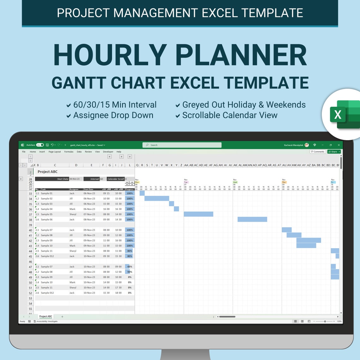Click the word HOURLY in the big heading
pyautogui.click(x=110, y=55)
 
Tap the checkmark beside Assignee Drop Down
pyautogui.click(x=69, y=116)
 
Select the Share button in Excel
pyautogui.click(x=334, y=152)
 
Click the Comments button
pyautogui.click(x=318, y=152)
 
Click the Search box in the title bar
pyautogui.click(x=182, y=145)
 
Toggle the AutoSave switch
pyautogui.click(x=40, y=145)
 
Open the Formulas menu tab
pyautogui.click(x=69, y=152)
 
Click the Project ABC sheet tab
pyautogui.click(x=45, y=316)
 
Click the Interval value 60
pyautogui.click(x=102, y=179)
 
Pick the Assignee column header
pyautogui.click(x=74, y=189)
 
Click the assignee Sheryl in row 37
pyautogui.click(x=73, y=214)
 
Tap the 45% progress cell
pyautogui.click(x=129, y=267)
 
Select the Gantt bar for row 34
pyautogui.click(x=157, y=199)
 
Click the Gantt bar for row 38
pyautogui.click(x=252, y=219)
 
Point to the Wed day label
pyautogui.click(x=235, y=182)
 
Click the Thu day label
pyautogui.click(x=284, y=182)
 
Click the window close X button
pyautogui.click(x=339, y=145)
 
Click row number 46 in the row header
pyautogui.click(x=31, y=262)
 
